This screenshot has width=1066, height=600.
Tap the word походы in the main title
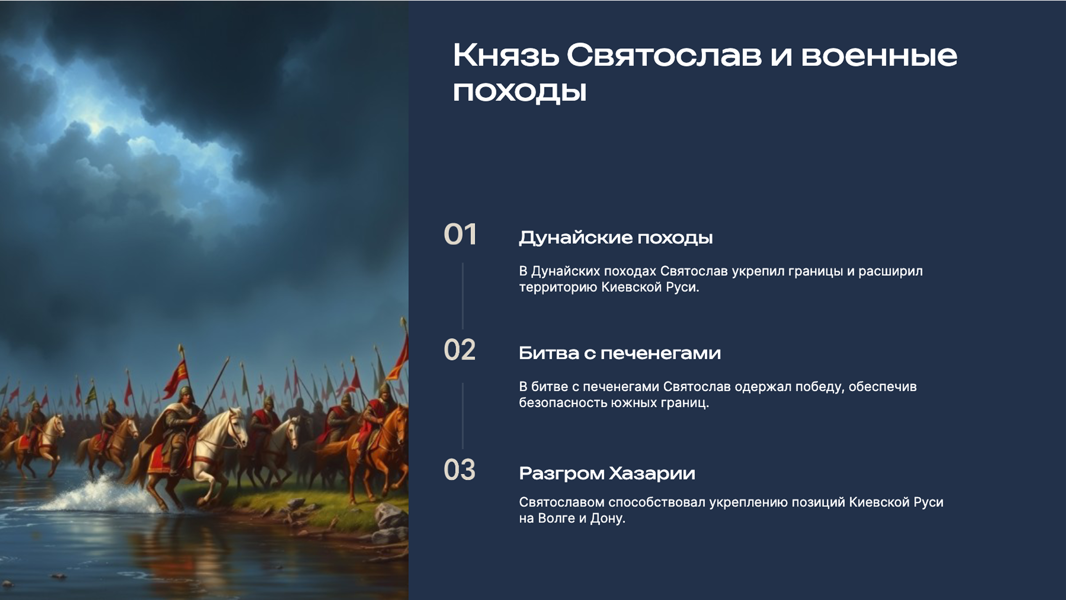pyautogui.click(x=519, y=92)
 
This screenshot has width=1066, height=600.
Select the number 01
pyautogui.click(x=460, y=235)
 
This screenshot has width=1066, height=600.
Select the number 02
pyautogui.click(x=459, y=350)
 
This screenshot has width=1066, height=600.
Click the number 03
pyautogui.click(x=459, y=470)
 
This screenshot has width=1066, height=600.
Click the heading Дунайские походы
pyautogui.click(x=615, y=238)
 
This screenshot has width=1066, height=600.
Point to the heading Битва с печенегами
pyautogui.click(x=619, y=353)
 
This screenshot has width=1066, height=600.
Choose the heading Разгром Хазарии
pyautogui.click(x=607, y=473)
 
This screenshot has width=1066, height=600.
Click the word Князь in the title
pyautogui.click(x=506, y=56)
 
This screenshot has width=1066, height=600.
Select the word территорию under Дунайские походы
pyautogui.click(x=558, y=287)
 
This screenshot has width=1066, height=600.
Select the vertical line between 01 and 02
pyautogui.click(x=462, y=296)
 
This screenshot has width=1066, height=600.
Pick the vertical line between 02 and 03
pyautogui.click(x=462, y=415)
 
